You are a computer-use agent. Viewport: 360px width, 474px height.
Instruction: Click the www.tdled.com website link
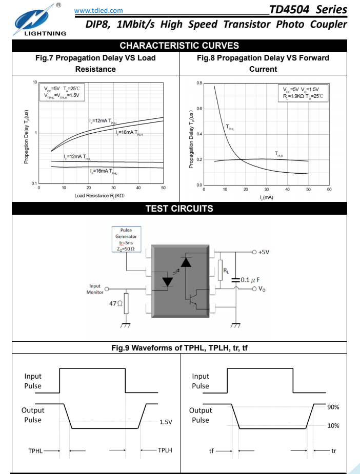pyautogui.click(x=98, y=10)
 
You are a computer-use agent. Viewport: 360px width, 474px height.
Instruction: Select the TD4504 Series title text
pyautogui.click(x=308, y=9)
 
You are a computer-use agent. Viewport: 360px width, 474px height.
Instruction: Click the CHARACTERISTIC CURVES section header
pyautogui.click(x=179, y=46)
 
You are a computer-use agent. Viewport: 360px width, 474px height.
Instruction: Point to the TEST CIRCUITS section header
pyautogui.click(x=179, y=209)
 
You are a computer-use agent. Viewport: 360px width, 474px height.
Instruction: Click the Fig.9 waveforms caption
pyautogui.click(x=179, y=348)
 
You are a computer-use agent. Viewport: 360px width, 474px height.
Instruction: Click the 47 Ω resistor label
pyautogui.click(x=116, y=303)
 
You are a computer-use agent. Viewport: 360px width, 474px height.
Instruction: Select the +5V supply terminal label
pyautogui.click(x=264, y=253)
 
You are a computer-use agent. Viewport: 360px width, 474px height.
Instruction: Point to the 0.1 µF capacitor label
pyautogui.click(x=251, y=280)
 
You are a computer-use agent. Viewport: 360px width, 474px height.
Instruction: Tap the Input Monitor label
pyautogui.click(x=95, y=289)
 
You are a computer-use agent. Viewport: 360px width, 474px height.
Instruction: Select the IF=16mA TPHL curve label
pyautogui.click(x=103, y=171)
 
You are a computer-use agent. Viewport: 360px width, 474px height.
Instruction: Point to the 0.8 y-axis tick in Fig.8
pyautogui.click(x=199, y=83)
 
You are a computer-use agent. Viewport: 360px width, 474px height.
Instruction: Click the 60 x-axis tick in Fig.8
pyautogui.click(x=329, y=190)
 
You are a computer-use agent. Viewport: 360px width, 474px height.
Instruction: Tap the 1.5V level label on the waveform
pyautogui.click(x=166, y=422)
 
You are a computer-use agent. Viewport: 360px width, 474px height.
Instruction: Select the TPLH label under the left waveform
pyautogui.click(x=165, y=450)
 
